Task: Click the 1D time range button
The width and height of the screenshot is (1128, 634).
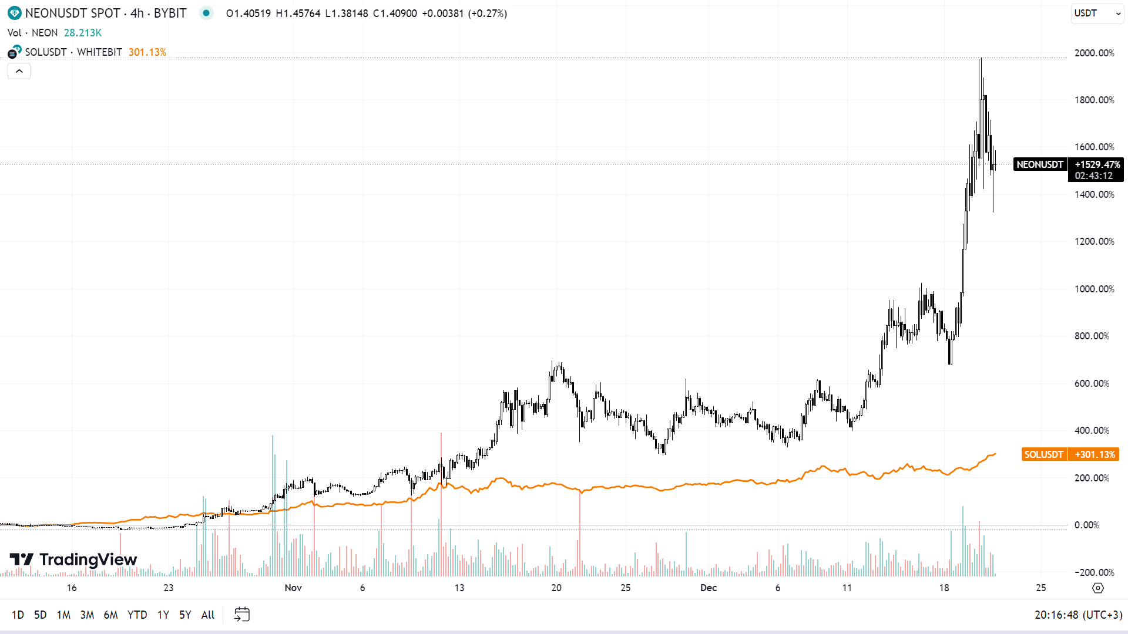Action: (x=18, y=615)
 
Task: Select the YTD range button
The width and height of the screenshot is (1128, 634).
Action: (x=137, y=615)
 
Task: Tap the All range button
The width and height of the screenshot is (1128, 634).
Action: (x=208, y=615)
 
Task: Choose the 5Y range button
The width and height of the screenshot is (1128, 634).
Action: (x=185, y=615)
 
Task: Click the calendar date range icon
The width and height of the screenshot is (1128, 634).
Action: (x=241, y=615)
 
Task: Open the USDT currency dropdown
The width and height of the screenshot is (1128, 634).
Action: (x=1097, y=14)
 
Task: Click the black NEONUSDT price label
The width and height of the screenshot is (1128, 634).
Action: (x=1039, y=164)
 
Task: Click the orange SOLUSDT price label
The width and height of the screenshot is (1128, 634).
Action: (x=1043, y=454)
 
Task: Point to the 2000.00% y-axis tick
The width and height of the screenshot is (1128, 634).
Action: (x=1094, y=53)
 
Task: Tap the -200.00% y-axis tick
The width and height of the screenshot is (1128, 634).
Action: (x=1094, y=572)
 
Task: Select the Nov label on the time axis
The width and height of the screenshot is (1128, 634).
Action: (x=293, y=588)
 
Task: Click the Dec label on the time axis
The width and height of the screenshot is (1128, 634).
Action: (x=709, y=588)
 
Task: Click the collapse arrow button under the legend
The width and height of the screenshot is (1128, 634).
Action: (x=19, y=71)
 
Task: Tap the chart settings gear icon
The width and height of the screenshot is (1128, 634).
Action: (x=1097, y=588)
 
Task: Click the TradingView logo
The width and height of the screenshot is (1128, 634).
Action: (x=73, y=559)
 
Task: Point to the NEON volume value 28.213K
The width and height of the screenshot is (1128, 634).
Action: (x=83, y=33)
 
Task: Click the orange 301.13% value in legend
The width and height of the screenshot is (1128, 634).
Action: (x=147, y=52)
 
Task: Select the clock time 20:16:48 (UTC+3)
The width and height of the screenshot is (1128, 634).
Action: (x=1078, y=615)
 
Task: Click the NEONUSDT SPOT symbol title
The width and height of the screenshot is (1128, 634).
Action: (x=72, y=13)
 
